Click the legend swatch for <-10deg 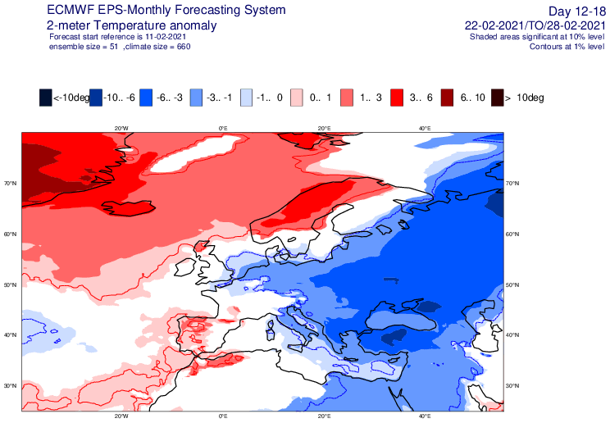tap(46, 98)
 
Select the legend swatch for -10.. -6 tap(96, 98)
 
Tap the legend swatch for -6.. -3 tap(146, 98)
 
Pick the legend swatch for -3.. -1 tap(196, 98)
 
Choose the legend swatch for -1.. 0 tap(246, 98)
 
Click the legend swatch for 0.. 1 tap(297, 98)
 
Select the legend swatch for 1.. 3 tap(347, 98)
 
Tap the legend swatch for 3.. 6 tap(397, 98)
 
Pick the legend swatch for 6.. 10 tap(447, 98)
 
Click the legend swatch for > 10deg tap(497, 98)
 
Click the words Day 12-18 tap(577, 11)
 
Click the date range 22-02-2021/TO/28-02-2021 tap(535, 25)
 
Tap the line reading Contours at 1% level tap(567, 47)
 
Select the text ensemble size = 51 tap(84, 47)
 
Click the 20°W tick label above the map tap(122, 128)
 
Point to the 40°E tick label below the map tap(425, 416)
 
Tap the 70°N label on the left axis tap(11, 184)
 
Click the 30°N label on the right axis tap(512, 385)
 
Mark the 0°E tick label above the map tap(223, 128)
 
